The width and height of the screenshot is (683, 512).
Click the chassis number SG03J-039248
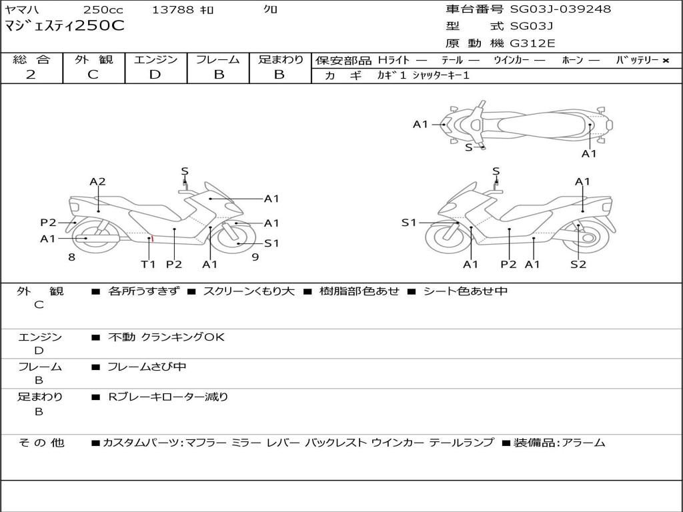(x=560, y=9)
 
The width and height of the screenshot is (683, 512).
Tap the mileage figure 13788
(x=173, y=10)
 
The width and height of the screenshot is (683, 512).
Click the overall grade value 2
(x=31, y=75)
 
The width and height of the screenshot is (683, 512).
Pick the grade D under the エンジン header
(x=155, y=75)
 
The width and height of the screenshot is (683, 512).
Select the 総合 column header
(x=31, y=60)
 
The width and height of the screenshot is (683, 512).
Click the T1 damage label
(x=148, y=265)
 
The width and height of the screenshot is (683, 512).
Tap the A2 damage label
(x=98, y=181)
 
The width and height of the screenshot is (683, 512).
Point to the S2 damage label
(x=578, y=265)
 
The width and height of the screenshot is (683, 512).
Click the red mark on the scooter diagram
(x=152, y=238)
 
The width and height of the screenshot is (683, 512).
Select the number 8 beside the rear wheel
(x=71, y=257)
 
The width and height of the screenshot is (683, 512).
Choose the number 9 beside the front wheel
(x=255, y=257)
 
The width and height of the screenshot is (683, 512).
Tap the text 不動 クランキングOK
(x=166, y=337)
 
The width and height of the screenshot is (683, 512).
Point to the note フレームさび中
(x=147, y=367)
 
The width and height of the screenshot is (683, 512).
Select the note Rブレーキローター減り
(x=168, y=397)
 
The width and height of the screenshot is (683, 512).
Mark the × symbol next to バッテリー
(x=665, y=61)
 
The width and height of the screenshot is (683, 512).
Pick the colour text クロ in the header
(x=271, y=10)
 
